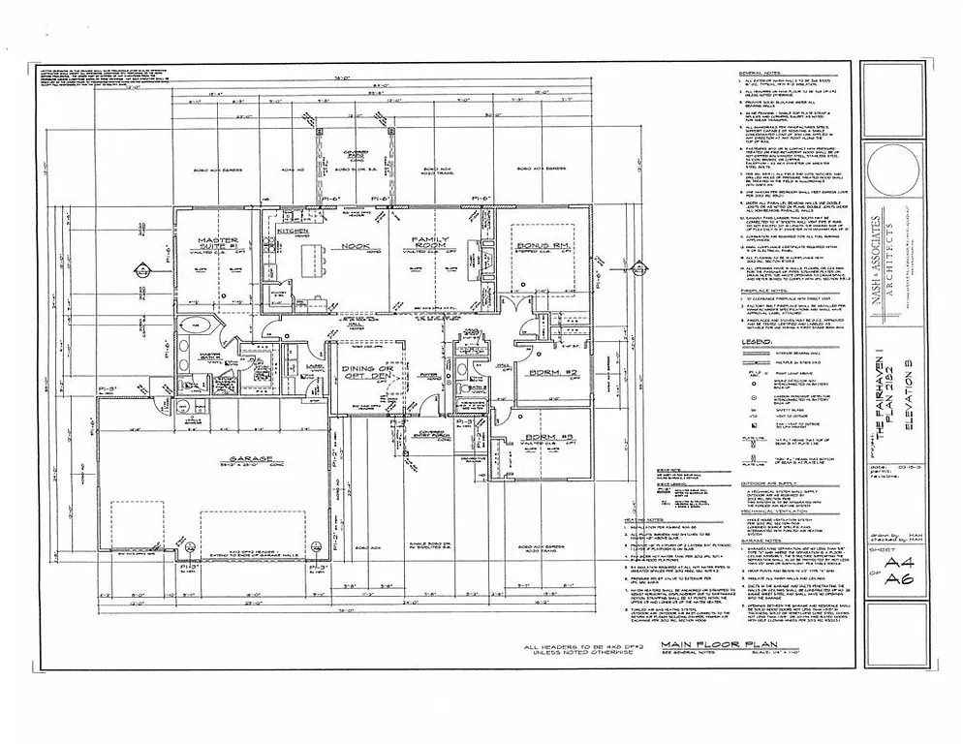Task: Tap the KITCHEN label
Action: click(294, 232)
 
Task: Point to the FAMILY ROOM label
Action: click(427, 242)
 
